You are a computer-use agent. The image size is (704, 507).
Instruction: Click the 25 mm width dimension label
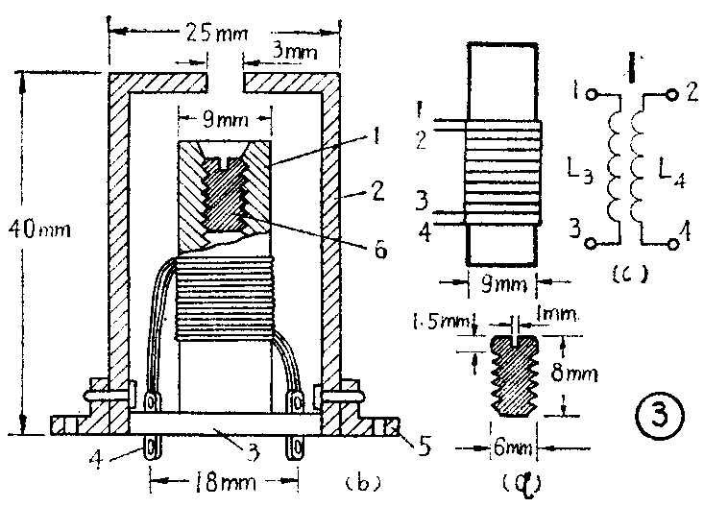[216, 33]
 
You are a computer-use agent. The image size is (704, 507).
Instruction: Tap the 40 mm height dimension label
[39, 229]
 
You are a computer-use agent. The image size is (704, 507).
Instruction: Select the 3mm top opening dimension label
[295, 51]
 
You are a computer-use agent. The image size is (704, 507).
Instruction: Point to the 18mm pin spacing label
[225, 482]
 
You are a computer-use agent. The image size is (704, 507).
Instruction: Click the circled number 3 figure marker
[660, 415]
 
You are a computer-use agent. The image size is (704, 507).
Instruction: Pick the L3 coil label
[580, 171]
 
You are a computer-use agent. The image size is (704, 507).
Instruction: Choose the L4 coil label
[671, 173]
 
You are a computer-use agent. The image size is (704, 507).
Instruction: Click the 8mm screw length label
[574, 373]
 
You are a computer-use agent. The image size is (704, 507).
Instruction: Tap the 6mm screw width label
[512, 447]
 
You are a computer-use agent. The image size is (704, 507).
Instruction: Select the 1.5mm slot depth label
[441, 322]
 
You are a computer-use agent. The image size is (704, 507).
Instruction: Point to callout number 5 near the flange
[425, 446]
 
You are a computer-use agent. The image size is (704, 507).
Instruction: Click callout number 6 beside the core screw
[380, 250]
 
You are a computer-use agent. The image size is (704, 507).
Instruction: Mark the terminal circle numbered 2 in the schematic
[672, 95]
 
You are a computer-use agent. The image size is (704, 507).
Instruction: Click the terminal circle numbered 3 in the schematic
[592, 243]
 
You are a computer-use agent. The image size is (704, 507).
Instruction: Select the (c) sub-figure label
[630, 273]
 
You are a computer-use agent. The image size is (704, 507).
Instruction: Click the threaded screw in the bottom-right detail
[515, 375]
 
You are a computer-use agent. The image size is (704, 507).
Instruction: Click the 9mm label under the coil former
[503, 284]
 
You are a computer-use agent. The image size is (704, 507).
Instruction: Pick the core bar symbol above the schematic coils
[632, 67]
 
